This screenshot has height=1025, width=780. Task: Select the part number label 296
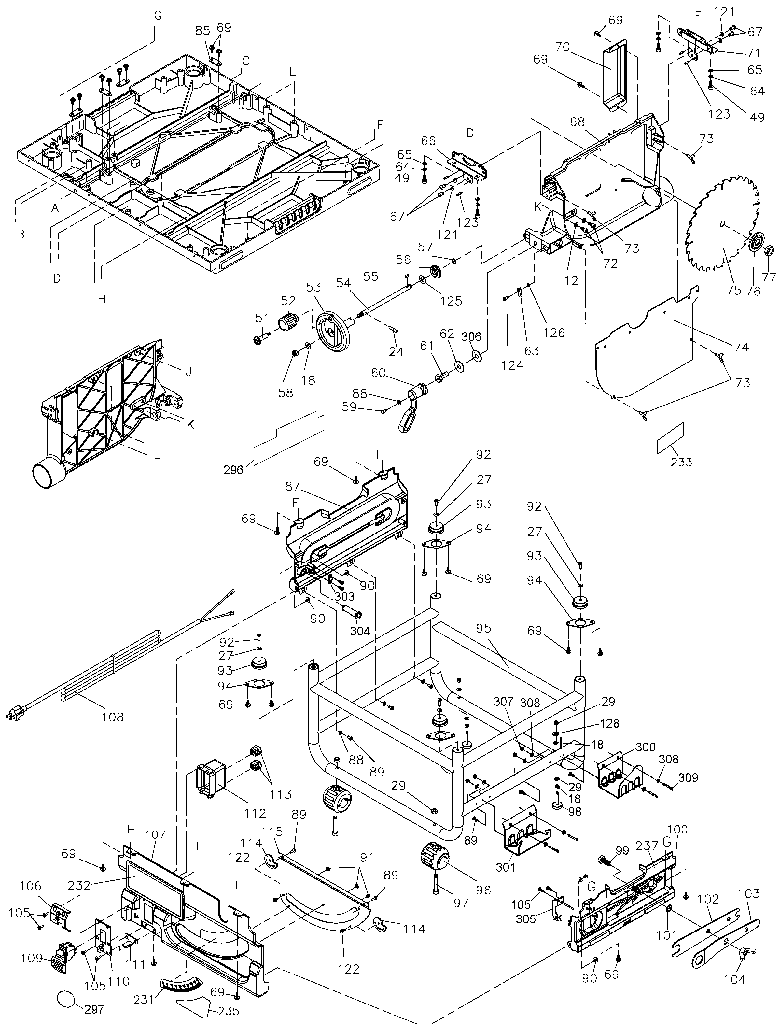click(233, 470)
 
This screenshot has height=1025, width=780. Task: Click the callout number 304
click(360, 631)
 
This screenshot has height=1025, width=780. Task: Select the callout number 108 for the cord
click(113, 717)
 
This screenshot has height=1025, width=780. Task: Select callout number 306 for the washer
click(472, 336)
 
